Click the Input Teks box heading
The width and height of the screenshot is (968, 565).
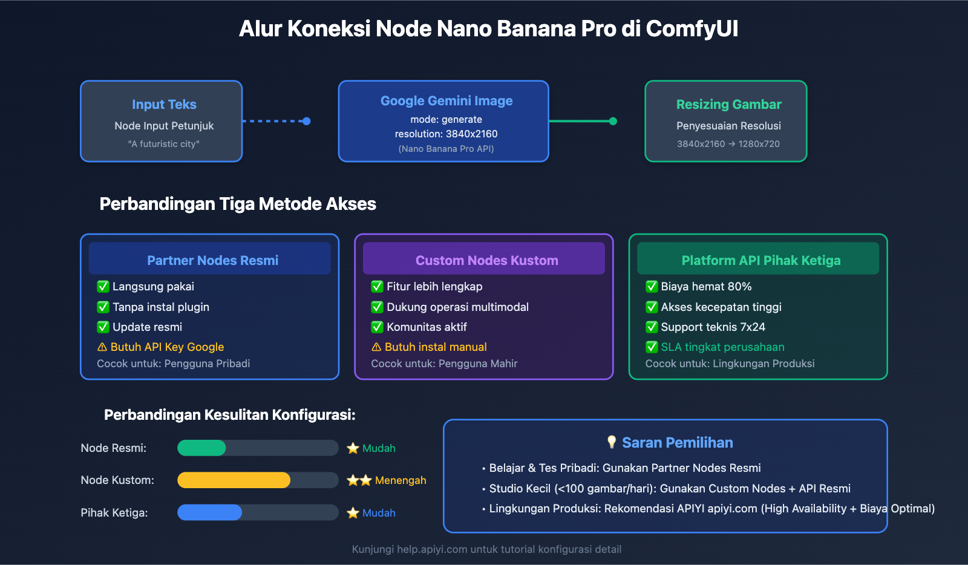[164, 105]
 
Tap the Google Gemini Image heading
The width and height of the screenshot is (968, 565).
[446, 101]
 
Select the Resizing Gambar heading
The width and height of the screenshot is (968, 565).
[728, 105]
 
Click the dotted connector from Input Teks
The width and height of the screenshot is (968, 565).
[276, 121]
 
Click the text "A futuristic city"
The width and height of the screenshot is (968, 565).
[164, 144]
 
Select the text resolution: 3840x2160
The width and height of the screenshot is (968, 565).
[446, 134]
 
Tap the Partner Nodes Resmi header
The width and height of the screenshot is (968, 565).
[212, 260]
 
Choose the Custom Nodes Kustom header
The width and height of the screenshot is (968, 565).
[486, 260]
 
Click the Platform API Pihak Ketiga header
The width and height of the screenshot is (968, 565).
[760, 260]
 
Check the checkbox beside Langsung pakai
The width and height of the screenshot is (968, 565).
[103, 287]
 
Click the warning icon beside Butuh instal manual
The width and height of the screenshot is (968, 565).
[376, 347]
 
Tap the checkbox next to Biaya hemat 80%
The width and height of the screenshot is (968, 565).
[652, 287]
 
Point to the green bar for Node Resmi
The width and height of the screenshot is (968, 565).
[201, 448]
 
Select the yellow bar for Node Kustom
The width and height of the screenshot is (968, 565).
[234, 480]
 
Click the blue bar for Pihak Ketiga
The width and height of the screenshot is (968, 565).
[209, 513]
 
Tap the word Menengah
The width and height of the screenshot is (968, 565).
[401, 480]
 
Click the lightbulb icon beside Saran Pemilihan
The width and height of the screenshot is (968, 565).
[612, 442]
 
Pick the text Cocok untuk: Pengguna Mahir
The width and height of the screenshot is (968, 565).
[444, 364]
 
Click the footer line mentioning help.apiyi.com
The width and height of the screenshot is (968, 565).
[486, 549]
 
